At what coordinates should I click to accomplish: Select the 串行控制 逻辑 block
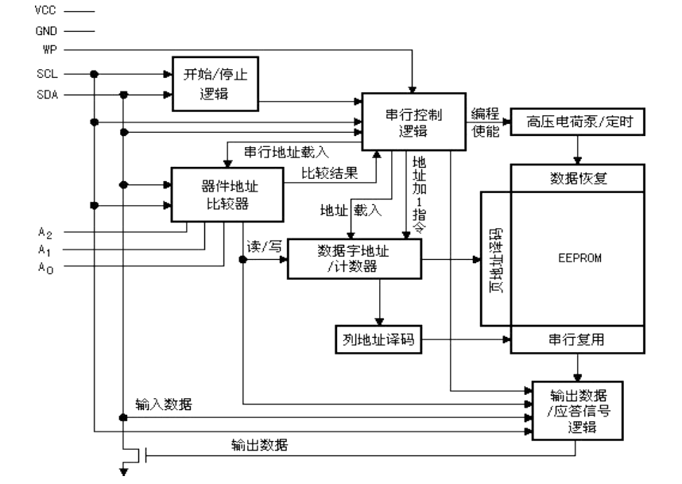413,121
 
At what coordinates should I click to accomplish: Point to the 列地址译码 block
376,339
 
